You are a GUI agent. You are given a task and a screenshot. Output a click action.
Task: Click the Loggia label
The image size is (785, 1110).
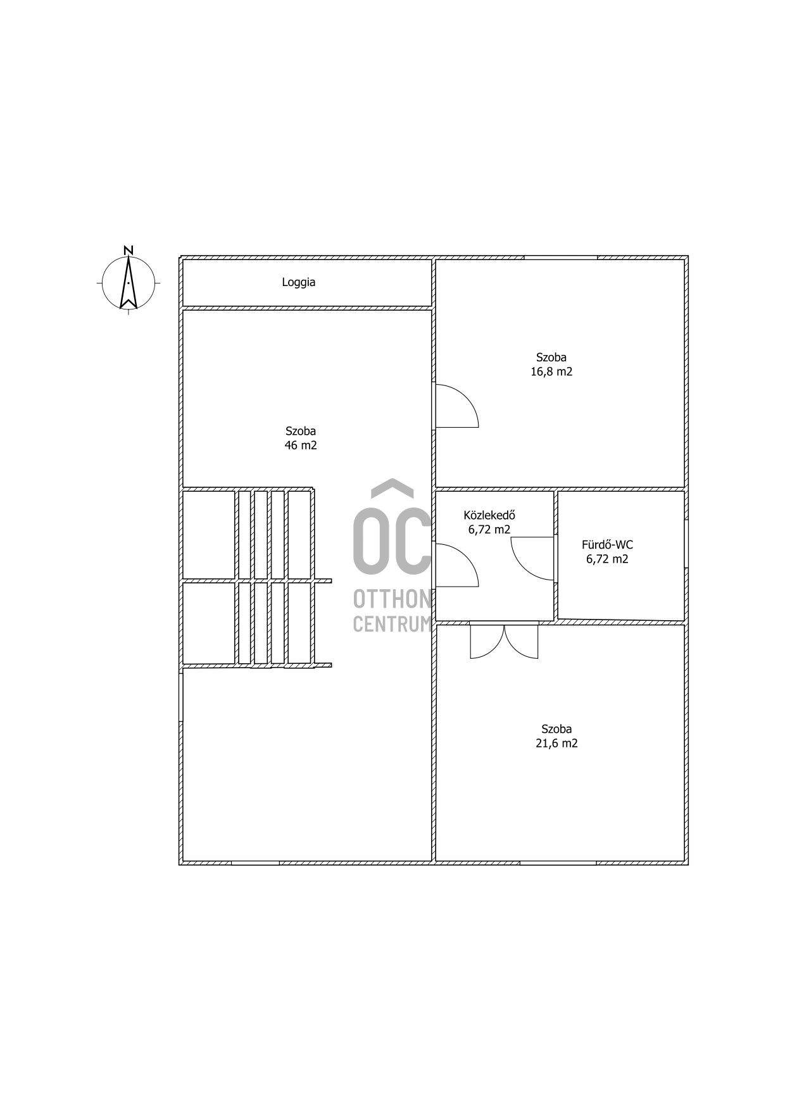[x=298, y=282]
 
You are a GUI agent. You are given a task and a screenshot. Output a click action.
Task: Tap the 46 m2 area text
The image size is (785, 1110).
[x=301, y=445]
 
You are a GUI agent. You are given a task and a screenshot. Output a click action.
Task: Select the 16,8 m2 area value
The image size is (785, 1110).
[x=551, y=371]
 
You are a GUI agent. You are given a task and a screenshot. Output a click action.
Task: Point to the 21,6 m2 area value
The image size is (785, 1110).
[x=556, y=743]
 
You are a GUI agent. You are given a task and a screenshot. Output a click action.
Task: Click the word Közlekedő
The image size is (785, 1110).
[x=489, y=515]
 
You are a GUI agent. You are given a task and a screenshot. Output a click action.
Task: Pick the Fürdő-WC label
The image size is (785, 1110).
[x=607, y=544]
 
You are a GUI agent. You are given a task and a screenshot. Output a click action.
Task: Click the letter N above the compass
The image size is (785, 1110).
[x=129, y=250]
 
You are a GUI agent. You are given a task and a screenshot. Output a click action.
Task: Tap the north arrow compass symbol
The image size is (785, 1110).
[x=129, y=283]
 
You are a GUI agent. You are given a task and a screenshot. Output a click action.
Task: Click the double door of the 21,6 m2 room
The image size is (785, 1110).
[x=504, y=641]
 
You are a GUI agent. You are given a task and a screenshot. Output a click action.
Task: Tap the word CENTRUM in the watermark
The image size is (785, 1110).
[x=392, y=624]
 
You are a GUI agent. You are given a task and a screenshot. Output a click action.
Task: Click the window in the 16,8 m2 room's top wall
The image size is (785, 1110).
[x=560, y=258]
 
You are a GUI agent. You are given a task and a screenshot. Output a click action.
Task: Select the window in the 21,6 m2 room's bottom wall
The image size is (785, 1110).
[x=558, y=863]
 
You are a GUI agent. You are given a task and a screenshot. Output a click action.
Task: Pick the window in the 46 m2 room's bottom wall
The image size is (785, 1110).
[x=255, y=863]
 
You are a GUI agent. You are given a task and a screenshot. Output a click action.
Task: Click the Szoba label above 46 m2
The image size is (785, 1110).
[x=301, y=431]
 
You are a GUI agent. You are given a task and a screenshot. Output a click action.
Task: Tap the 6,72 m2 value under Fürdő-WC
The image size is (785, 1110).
[x=607, y=559]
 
